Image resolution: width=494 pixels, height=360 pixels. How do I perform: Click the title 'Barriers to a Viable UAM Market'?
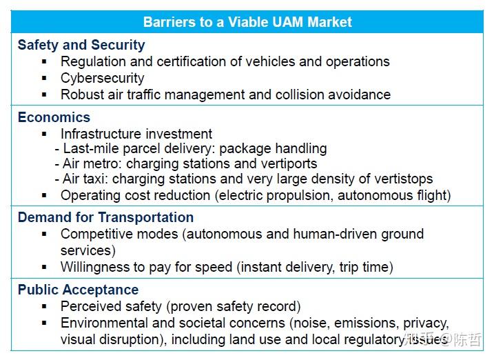pyautogui.click(x=247, y=21)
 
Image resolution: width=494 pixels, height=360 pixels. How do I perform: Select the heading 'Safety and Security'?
pyautogui.click(x=81, y=45)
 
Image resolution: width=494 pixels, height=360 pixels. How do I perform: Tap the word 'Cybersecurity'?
pyautogui.click(x=102, y=78)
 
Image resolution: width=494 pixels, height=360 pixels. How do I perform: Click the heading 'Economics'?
pyautogui.click(x=54, y=117)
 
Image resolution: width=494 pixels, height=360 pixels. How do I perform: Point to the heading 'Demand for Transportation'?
pyautogui.click(x=105, y=217)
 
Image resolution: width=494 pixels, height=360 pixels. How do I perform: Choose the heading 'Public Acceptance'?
pyautogui.click(x=78, y=290)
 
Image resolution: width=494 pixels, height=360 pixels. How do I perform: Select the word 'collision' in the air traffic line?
pyautogui.click(x=300, y=94)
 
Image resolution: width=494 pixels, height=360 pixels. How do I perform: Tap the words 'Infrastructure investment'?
pyautogui.click(x=136, y=134)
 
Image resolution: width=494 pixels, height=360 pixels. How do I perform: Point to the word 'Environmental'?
pyautogui.click(x=103, y=323)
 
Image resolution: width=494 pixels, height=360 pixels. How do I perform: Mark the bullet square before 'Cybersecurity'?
pyautogui.click(x=45, y=78)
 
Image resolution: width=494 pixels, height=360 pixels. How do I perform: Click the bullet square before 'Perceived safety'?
pyautogui.click(x=45, y=306)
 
